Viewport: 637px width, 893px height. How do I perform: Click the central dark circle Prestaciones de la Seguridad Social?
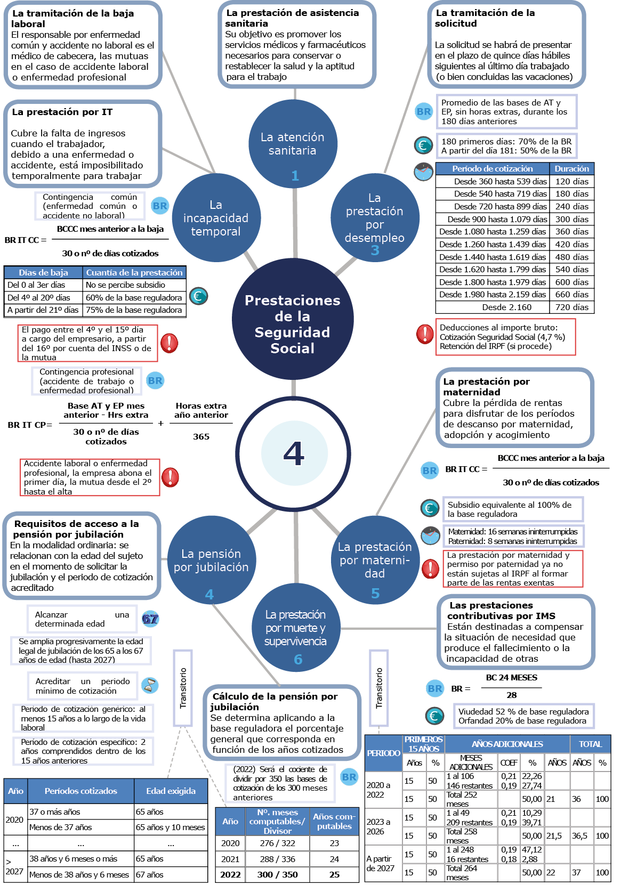[x=293, y=319]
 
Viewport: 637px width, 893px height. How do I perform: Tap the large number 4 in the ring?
[x=294, y=453]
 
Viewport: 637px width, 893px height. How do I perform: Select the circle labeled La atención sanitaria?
[x=293, y=144]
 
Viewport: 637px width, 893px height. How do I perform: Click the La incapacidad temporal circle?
[x=216, y=218]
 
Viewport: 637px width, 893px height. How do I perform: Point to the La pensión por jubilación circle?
[x=211, y=561]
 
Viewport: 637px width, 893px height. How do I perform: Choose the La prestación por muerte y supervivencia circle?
[x=295, y=628]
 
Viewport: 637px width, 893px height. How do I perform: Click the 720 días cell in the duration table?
[x=571, y=307]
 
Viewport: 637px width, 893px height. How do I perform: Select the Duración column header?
[x=571, y=169]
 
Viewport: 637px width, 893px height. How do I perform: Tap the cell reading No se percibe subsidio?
[x=126, y=285]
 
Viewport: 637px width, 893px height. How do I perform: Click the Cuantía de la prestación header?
[x=134, y=272]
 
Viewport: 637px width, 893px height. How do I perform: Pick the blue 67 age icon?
[x=150, y=619]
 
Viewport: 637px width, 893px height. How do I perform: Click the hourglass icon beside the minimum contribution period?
[x=150, y=685]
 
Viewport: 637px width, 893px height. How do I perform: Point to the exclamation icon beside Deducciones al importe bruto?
[x=425, y=334]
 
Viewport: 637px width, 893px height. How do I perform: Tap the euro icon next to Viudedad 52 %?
[x=434, y=716]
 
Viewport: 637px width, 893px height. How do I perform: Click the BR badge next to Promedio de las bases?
[x=424, y=112]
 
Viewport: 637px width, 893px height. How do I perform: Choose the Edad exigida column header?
[x=171, y=791]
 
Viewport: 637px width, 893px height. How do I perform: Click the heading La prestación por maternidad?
[x=486, y=386]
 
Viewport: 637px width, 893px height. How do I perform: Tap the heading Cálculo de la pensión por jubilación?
[x=274, y=701]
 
